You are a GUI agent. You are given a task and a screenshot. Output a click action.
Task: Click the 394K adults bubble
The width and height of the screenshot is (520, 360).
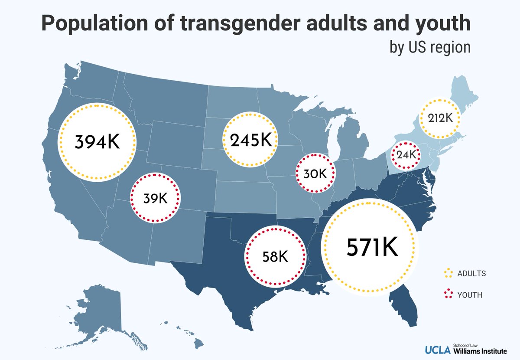97,141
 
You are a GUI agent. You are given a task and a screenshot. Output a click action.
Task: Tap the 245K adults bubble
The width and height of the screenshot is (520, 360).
250,140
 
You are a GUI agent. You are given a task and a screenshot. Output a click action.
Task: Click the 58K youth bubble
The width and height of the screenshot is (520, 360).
275,256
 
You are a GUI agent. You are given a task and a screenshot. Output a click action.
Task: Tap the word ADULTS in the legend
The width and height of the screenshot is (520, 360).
471,274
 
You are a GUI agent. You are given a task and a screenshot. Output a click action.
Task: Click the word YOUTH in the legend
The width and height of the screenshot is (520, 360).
470,295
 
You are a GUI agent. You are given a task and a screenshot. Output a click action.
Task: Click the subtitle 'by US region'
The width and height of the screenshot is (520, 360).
430,47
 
